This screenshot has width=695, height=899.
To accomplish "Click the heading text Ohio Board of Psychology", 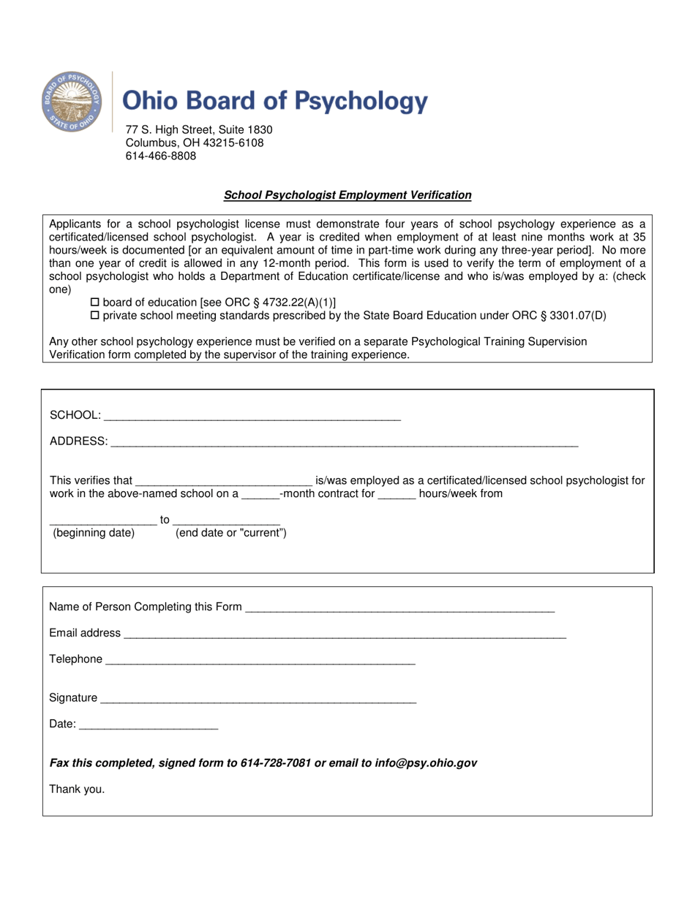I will click(x=274, y=101).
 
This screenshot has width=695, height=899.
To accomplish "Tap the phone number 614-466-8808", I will click(x=161, y=156).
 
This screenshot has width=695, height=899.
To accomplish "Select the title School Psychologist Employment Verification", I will click(x=347, y=195).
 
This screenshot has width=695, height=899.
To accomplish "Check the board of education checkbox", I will click(x=94, y=303).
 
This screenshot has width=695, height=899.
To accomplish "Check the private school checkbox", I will click(x=94, y=316).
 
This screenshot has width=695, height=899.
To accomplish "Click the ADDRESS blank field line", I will click(x=344, y=442).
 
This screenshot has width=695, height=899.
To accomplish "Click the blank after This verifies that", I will click(x=224, y=482).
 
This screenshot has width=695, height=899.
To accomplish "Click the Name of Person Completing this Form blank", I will click(x=400, y=607).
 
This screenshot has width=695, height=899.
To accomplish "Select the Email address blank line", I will click(x=345, y=634).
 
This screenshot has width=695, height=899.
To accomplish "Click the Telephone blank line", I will click(x=260, y=661).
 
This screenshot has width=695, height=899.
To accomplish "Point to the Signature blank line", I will click(x=258, y=699).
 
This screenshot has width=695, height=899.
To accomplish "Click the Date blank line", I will click(x=148, y=726).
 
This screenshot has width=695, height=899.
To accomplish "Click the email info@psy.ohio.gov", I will click(x=426, y=764).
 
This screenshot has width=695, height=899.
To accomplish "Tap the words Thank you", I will click(x=77, y=789).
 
